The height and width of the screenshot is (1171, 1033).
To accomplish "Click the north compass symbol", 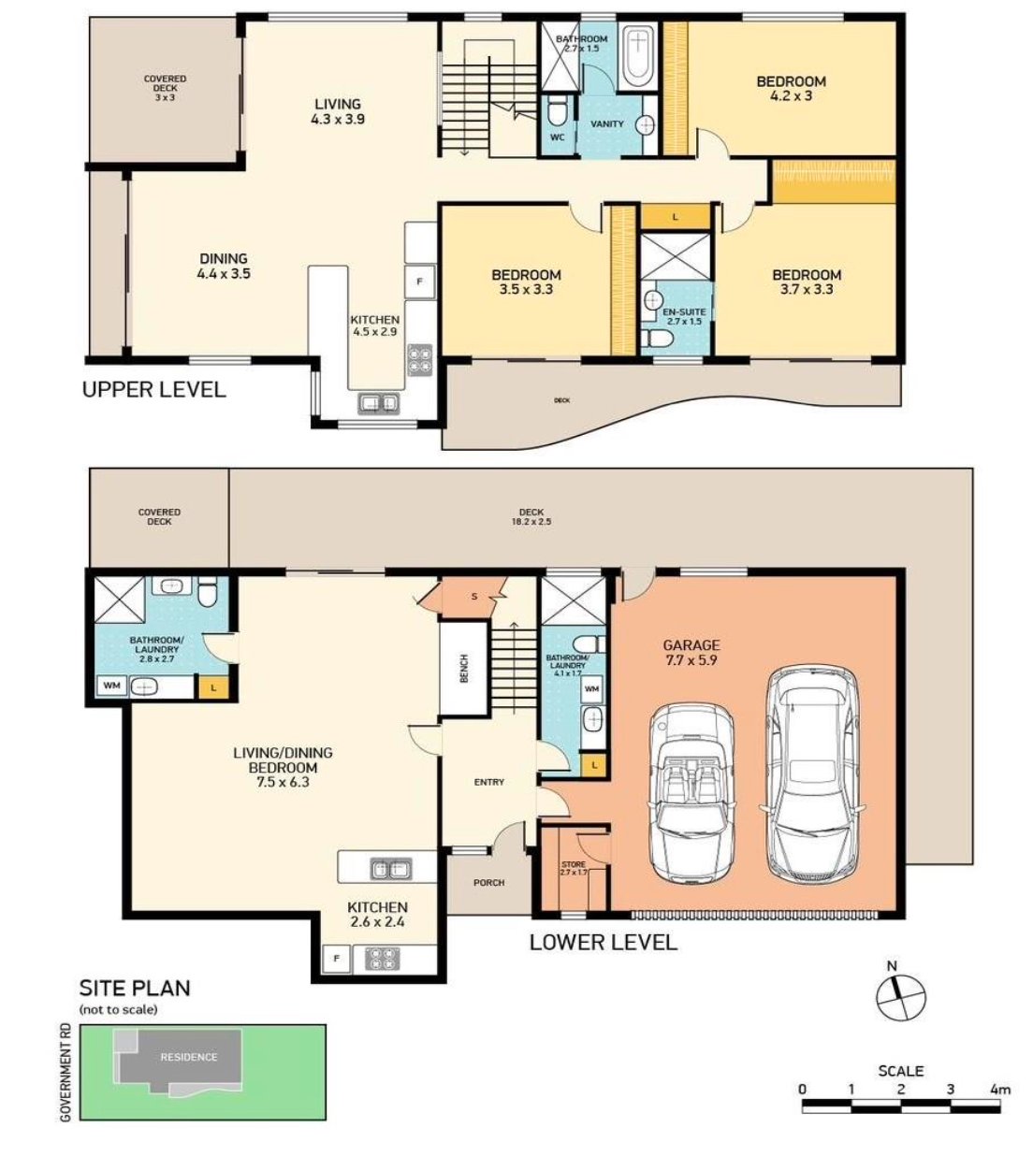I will (x=901, y=997).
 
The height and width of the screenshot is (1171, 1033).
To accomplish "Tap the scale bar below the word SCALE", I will (x=901, y=1106).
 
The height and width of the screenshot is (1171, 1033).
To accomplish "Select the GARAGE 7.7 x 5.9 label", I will (x=691, y=652).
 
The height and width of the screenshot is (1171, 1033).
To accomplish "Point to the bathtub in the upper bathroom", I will (x=638, y=56).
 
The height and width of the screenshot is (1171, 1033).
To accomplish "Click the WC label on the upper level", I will (x=558, y=137).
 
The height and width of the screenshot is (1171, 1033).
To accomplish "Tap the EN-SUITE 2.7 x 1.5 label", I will (x=685, y=316).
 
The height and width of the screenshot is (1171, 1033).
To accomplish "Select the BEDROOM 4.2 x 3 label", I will (x=791, y=88).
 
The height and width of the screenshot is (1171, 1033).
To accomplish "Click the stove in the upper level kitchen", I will (x=419, y=360).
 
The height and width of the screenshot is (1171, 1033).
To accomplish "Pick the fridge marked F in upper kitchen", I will (x=419, y=282).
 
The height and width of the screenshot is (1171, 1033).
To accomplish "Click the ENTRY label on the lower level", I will (x=488, y=782).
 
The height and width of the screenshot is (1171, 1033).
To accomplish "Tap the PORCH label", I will (x=488, y=882).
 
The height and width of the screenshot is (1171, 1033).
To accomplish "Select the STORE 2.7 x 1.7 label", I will (x=573, y=868).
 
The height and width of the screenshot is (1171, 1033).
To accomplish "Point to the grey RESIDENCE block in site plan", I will (x=187, y=1058).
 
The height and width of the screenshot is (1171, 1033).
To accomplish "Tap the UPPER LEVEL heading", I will (x=153, y=390).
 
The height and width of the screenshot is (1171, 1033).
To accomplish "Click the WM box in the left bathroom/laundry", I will (x=112, y=687).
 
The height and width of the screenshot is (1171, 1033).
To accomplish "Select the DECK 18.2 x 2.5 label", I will (x=531, y=516).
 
